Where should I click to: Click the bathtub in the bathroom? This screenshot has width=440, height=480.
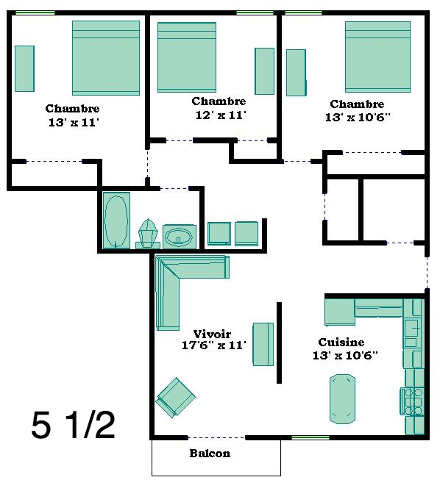tap(116, 220)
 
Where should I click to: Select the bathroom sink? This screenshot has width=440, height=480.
tap(180, 237)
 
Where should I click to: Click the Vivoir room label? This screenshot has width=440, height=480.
tap(212, 334)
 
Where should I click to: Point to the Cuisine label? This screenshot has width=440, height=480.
tap(341, 342)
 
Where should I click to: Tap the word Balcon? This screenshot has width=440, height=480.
tap(210, 453)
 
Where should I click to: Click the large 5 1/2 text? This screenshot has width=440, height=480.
tap(74, 425)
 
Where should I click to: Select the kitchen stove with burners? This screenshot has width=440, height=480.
tap(412, 401)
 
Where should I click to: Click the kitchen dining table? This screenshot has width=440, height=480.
tap(342, 398)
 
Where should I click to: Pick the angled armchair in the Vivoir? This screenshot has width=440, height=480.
tap(176, 398)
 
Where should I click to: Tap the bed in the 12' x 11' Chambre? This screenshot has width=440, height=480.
tap(187, 57)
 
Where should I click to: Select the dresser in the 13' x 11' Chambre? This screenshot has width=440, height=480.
tap(24, 68)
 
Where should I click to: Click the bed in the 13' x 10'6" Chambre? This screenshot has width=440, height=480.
tap(377, 57)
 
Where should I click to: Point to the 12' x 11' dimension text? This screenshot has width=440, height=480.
tap(221, 115)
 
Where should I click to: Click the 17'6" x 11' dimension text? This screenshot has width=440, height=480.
tap(214, 345)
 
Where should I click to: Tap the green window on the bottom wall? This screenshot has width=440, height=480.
tap(311, 437)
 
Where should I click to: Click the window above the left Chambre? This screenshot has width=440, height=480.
tap(35, 12)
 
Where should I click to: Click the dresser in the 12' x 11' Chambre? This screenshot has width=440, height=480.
tap(265, 71)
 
